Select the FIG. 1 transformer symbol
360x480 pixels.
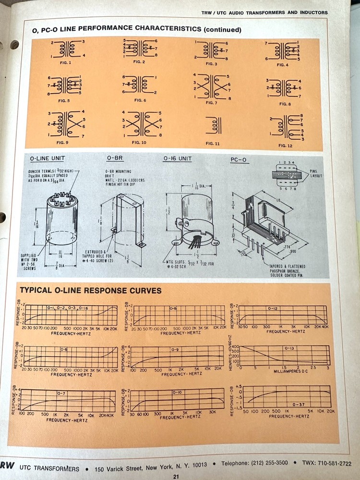pyautogui.click(x=68, y=49)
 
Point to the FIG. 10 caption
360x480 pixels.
pyautogui.click(x=139, y=143)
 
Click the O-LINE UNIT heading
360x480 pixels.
pyautogui.click(x=48, y=158)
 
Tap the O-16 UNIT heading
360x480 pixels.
pyautogui.click(x=179, y=158)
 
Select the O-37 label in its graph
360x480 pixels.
pyautogui.click(x=299, y=405)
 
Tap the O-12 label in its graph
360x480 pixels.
pyautogui.click(x=273, y=308)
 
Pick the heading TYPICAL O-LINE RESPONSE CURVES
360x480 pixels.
pyautogui.click(x=90, y=290)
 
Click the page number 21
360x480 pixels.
pyautogui.click(x=176, y=476)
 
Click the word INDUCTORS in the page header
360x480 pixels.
pyautogui.click(x=312, y=12)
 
